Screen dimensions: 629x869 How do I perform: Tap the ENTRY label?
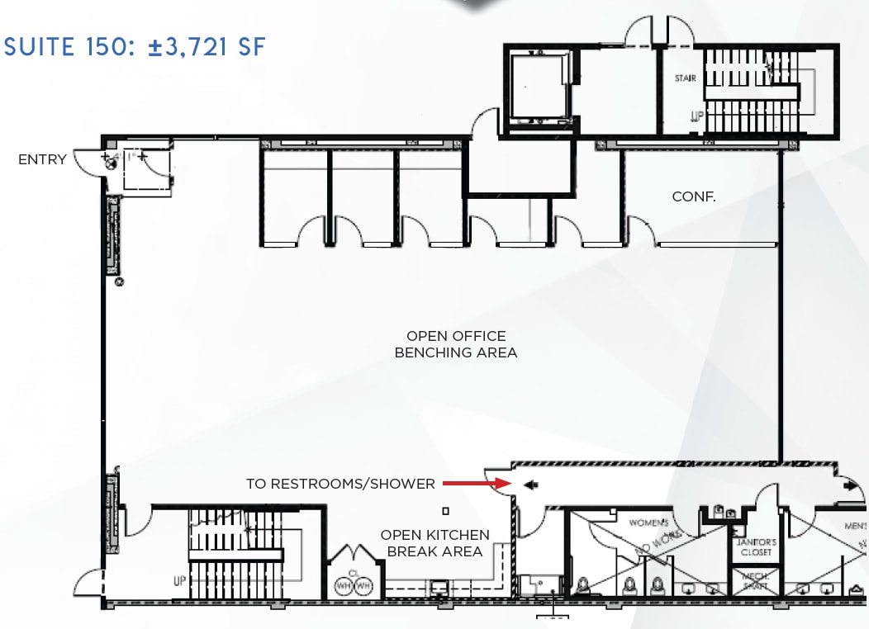click(x=42, y=159)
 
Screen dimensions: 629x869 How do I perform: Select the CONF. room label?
click(x=693, y=196)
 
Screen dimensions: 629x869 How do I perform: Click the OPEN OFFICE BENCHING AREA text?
click(x=456, y=344)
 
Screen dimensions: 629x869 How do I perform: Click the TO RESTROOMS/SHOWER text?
click(x=340, y=484)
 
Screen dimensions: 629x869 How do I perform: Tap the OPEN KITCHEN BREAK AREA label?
click(x=434, y=543)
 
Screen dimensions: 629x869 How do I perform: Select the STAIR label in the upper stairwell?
click(x=685, y=78)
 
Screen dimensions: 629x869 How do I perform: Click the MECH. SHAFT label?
click(x=754, y=581)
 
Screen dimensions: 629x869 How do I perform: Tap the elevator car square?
click(x=537, y=86)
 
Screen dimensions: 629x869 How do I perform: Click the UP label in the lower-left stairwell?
click(x=180, y=581)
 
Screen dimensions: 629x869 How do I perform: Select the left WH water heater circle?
click(x=342, y=585)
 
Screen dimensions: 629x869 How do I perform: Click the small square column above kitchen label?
click(x=446, y=511)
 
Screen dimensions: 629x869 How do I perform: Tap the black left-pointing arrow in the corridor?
click(x=530, y=485)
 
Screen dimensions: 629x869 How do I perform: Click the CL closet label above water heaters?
click(x=353, y=571)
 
